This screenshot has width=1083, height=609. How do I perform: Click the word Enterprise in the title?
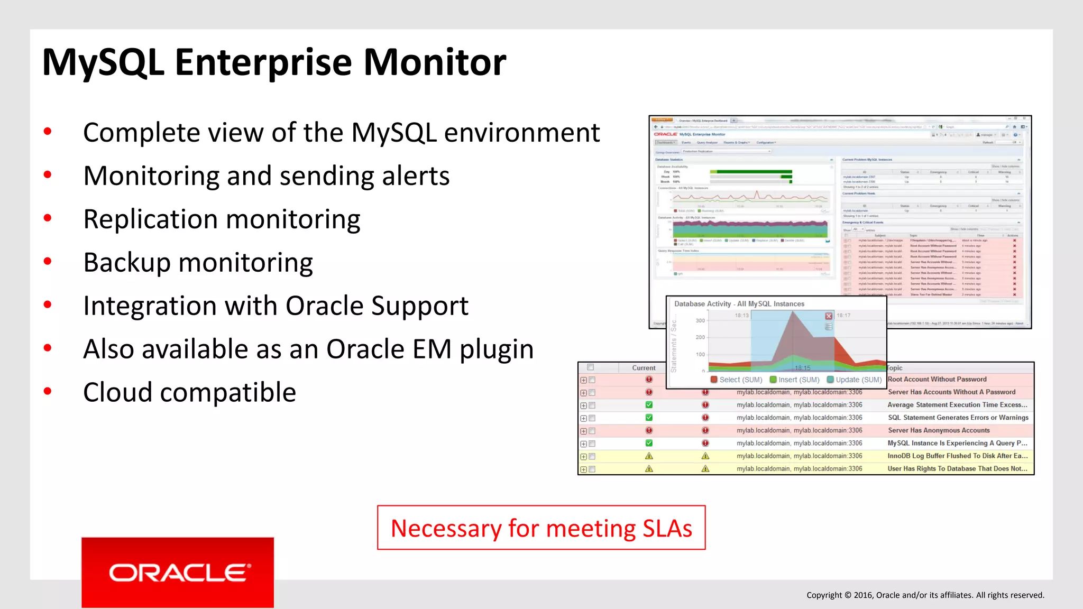tap(263, 62)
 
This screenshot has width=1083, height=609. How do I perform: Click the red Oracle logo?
tap(178, 573)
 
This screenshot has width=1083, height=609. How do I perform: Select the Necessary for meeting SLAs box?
tap(541, 528)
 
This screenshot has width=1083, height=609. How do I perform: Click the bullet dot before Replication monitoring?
tap(48, 218)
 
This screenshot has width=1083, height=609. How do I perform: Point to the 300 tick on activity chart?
tap(700, 320)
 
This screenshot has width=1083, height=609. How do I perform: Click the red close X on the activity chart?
tap(829, 316)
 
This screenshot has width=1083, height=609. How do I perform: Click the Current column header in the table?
tap(644, 368)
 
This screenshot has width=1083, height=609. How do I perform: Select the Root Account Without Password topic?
tap(937, 379)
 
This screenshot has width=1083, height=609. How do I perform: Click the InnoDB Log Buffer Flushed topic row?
tap(957, 456)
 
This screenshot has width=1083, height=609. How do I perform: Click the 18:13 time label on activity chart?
tap(741, 316)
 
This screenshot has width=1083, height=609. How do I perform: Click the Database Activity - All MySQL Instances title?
tap(739, 304)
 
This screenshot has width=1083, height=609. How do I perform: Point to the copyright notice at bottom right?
tap(925, 595)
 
